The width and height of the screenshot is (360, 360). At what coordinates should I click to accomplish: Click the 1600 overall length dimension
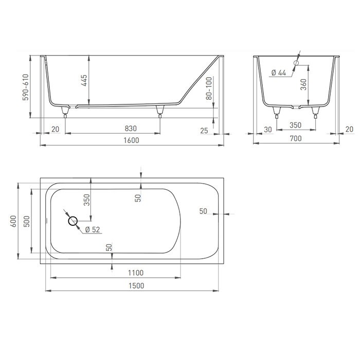tap(131, 140)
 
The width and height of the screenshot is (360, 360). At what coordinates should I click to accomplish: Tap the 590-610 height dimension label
tap(26, 87)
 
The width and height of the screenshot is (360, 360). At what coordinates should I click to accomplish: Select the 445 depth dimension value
tap(84, 80)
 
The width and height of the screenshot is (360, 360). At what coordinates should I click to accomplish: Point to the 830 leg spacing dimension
tap(131, 129)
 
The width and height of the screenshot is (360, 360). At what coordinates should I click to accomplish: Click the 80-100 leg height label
tap(209, 88)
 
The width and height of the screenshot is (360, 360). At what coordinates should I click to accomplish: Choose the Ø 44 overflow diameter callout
tap(279, 73)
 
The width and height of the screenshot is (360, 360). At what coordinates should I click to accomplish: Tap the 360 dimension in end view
tap(303, 84)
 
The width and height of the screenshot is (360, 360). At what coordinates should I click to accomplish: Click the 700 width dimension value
tap(296, 138)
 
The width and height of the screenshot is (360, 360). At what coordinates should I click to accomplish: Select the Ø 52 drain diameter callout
tap(93, 229)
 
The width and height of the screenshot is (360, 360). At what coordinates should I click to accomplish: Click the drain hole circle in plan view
tap(73, 221)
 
